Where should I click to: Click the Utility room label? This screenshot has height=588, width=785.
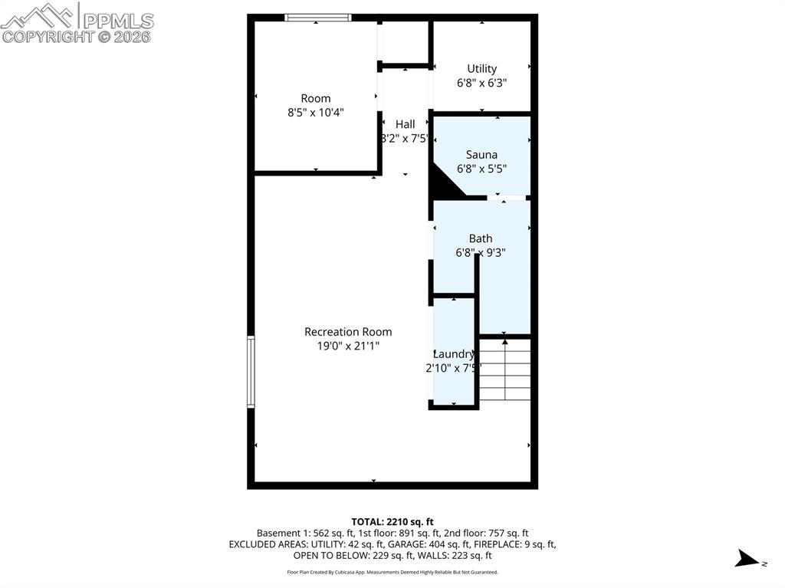481,69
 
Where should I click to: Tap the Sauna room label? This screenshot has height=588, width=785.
481,155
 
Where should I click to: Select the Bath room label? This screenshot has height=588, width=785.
481,238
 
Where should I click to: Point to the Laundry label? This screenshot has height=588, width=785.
454,354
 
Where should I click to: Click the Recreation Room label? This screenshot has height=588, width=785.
348,332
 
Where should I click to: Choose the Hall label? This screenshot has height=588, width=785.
405,124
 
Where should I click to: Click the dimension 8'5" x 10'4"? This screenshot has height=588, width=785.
316,112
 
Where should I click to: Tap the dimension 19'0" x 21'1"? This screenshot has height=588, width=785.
348,346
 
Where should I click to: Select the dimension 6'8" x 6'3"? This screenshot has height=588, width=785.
481,83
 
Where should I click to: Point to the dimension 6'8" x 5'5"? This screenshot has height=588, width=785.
481,169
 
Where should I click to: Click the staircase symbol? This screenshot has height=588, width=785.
504,370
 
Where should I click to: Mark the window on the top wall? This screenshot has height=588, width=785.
317,18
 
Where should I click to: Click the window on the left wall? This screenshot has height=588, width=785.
251,372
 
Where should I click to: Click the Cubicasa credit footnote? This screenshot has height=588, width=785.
392,572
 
